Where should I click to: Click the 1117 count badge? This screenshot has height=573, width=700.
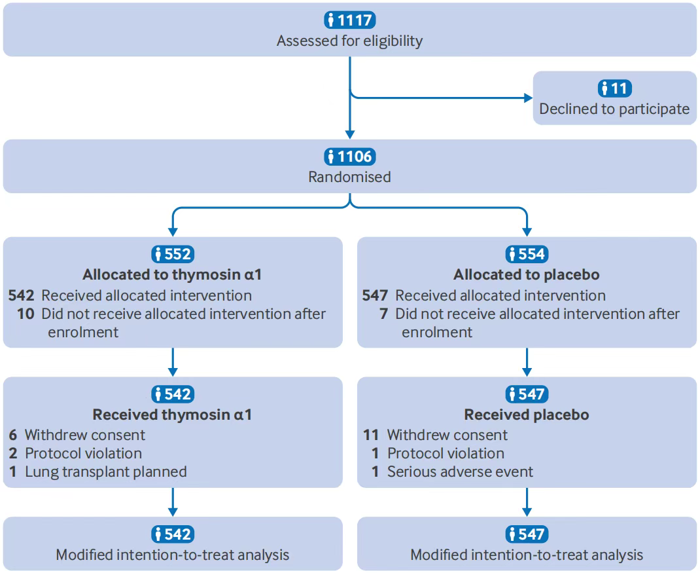[x=350, y=20]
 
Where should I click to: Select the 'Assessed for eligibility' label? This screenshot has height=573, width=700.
[x=349, y=41]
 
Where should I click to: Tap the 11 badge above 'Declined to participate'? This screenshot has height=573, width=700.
[x=615, y=88]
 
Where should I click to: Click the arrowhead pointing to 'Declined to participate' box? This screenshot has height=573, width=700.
[x=528, y=98]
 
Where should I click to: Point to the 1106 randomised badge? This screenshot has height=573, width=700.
[x=350, y=157]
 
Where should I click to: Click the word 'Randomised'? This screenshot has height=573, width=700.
[x=349, y=177]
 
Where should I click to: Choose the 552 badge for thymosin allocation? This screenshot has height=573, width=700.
[x=173, y=254]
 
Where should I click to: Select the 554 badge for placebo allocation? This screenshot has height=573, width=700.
[x=527, y=254]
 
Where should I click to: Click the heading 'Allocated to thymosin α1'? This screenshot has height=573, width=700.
[x=172, y=274]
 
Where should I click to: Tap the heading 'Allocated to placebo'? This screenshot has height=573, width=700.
[x=527, y=274]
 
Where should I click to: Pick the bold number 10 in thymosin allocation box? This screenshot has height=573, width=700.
[x=26, y=314]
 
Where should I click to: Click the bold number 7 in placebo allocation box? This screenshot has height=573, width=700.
[x=383, y=314]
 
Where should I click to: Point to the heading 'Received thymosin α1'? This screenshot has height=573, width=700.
[x=172, y=415]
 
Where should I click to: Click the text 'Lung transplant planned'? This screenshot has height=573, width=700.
[x=106, y=471]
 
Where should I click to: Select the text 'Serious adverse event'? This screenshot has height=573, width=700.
[x=461, y=471]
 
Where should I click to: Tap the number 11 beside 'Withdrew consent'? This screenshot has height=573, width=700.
[x=371, y=435]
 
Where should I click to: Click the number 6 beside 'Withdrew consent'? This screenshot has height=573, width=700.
[x=13, y=435]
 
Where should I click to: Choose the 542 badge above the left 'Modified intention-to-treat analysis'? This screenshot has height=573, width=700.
[x=173, y=534]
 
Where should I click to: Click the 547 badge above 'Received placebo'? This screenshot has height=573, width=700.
[x=527, y=394]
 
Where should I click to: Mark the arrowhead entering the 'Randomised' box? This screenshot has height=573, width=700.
[x=350, y=134]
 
